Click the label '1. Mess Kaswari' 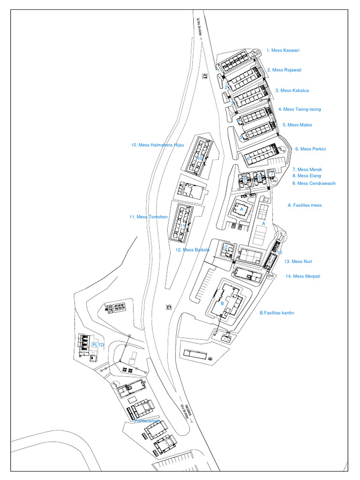click(283, 50)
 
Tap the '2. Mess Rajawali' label click(284, 70)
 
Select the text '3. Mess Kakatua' click(292, 90)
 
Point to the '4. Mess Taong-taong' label click(300, 109)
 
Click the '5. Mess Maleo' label click(297, 125)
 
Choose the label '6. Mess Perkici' click(310, 149)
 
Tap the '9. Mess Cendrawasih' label click(314, 183)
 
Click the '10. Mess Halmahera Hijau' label click(157, 145)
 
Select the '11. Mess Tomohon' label click(149, 217)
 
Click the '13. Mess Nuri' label click(298, 262)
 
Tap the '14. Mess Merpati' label click(303, 276)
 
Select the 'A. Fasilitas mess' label click(305, 205)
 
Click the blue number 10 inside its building click(199, 158)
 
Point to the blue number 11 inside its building click(183, 225)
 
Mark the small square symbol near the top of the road click(205, 76)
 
